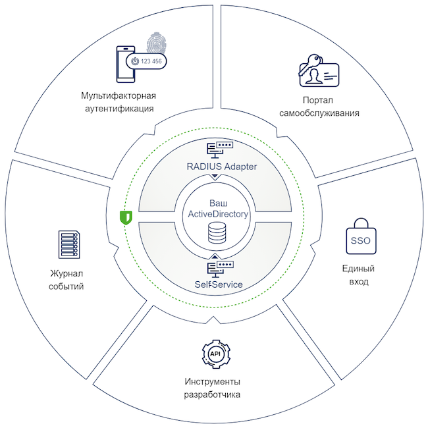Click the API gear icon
[215, 354]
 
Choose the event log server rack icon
[68, 245]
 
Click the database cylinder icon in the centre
[215, 232]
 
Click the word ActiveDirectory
[218, 214]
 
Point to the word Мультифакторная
[119, 95]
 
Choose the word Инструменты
[212, 383]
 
